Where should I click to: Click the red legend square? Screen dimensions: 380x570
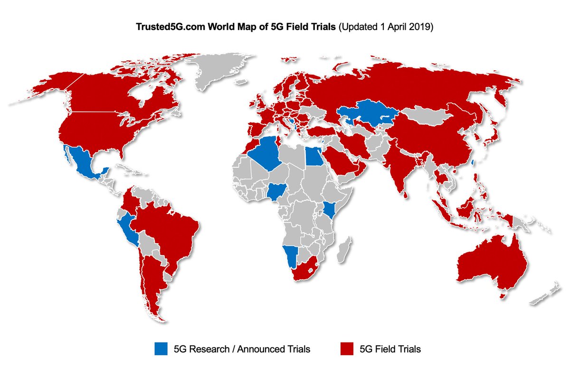[x=347, y=349]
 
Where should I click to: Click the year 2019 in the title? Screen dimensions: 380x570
[x=422, y=28]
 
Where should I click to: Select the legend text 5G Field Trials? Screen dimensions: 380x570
[x=389, y=349]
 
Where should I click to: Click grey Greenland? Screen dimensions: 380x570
[x=218, y=71]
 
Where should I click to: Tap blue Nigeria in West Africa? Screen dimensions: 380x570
[x=275, y=191]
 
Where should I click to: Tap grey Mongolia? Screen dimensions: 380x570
[x=427, y=114]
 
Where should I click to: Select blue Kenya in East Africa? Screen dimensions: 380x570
[x=329, y=209]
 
